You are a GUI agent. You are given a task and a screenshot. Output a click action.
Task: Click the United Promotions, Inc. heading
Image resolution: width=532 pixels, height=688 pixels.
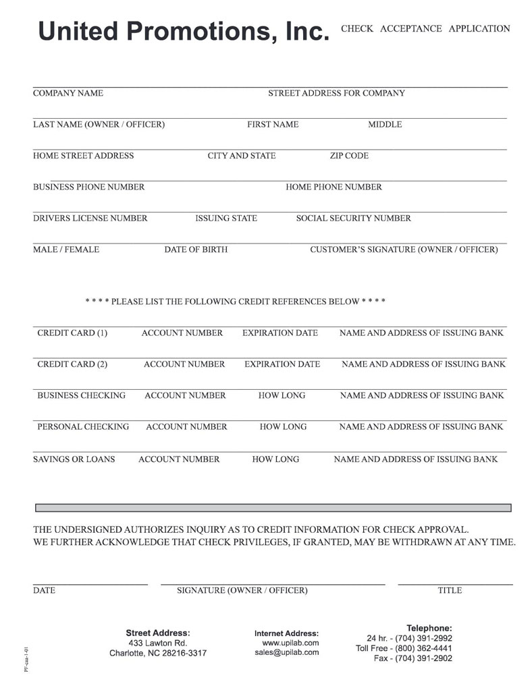(184, 32)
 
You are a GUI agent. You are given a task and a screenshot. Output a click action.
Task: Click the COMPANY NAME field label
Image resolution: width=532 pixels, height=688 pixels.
(68, 93)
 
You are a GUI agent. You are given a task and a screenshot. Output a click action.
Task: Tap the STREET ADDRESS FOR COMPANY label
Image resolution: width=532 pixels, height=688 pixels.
(336, 93)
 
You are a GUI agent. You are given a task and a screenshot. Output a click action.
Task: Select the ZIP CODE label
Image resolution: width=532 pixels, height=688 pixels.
(349, 156)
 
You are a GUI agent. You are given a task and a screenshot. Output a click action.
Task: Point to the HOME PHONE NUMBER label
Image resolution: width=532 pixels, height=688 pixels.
(334, 187)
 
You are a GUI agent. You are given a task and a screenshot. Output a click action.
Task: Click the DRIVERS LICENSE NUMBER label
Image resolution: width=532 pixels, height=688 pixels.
(90, 218)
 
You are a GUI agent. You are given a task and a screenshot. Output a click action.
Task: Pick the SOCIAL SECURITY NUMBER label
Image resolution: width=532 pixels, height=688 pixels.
(353, 218)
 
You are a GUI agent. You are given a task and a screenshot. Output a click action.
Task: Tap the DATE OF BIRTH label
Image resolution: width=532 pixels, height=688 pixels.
(196, 250)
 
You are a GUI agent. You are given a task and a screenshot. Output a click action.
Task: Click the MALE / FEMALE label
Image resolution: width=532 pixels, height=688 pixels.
(66, 250)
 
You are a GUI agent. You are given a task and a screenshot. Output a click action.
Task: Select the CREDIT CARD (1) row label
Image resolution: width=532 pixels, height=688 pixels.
(72, 333)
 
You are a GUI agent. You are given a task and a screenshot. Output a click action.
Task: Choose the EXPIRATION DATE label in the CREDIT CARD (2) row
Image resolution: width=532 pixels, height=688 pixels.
(282, 364)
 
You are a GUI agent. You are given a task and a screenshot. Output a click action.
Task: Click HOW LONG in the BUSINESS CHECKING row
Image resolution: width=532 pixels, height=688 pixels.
(282, 395)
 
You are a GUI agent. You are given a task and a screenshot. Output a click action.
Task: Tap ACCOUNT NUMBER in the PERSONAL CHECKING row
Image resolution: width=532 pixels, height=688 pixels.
(186, 427)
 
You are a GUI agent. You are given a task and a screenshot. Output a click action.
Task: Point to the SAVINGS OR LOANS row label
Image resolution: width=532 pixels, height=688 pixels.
(74, 459)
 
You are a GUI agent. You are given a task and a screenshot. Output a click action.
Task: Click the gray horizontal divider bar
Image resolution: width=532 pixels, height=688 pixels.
(273, 507)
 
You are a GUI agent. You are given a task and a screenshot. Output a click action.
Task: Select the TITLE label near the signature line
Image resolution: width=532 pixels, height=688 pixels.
(450, 590)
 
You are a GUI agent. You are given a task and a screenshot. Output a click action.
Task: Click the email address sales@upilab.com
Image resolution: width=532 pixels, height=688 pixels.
(286, 652)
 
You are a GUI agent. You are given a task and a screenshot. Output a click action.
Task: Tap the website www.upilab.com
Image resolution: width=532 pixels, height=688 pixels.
(290, 643)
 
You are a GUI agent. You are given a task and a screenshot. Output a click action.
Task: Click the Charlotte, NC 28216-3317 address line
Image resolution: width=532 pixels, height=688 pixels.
(158, 653)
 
